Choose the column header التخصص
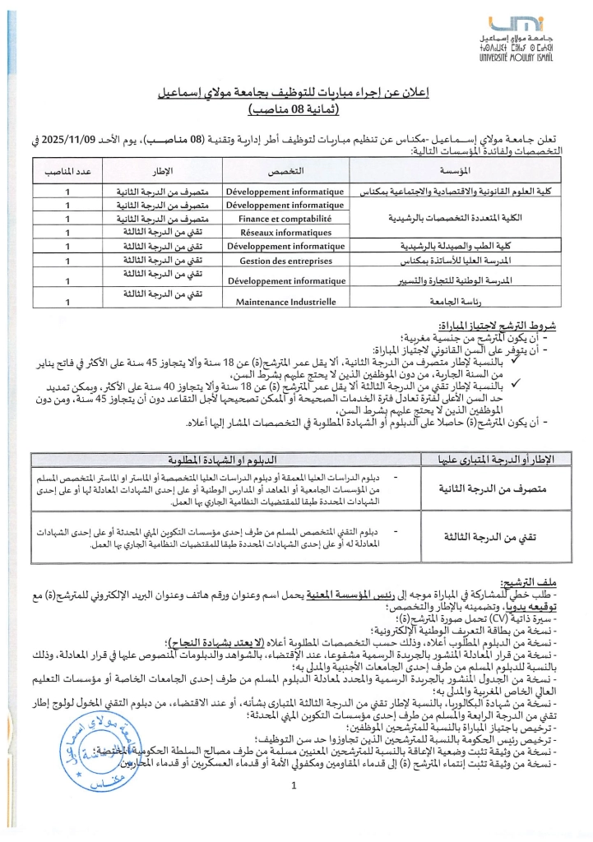pos(285,170)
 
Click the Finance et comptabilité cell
pos(285,219)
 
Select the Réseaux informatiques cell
pos(285,233)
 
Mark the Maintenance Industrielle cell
pos(285,302)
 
